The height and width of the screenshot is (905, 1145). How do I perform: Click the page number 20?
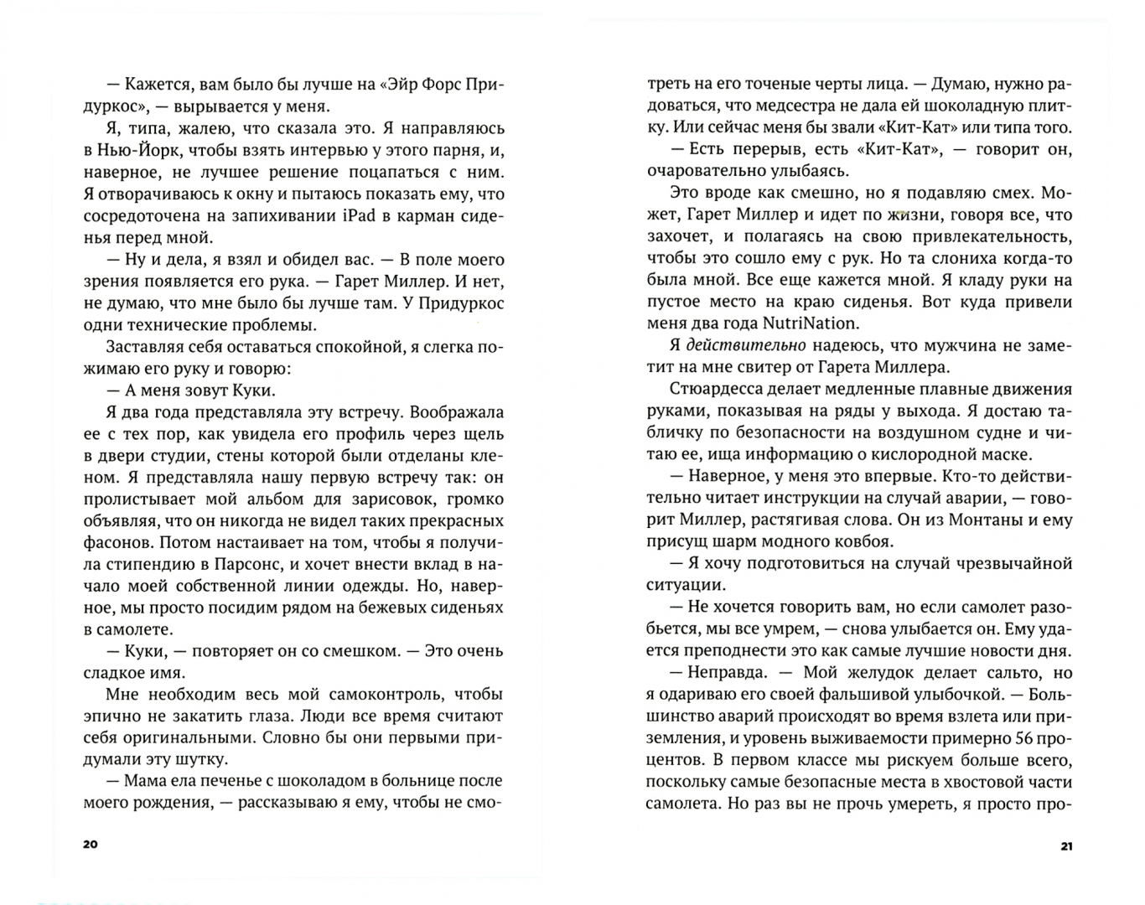(91, 844)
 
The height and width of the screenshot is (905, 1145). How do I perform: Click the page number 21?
(1066, 846)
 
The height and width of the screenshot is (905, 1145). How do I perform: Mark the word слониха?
(925, 258)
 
